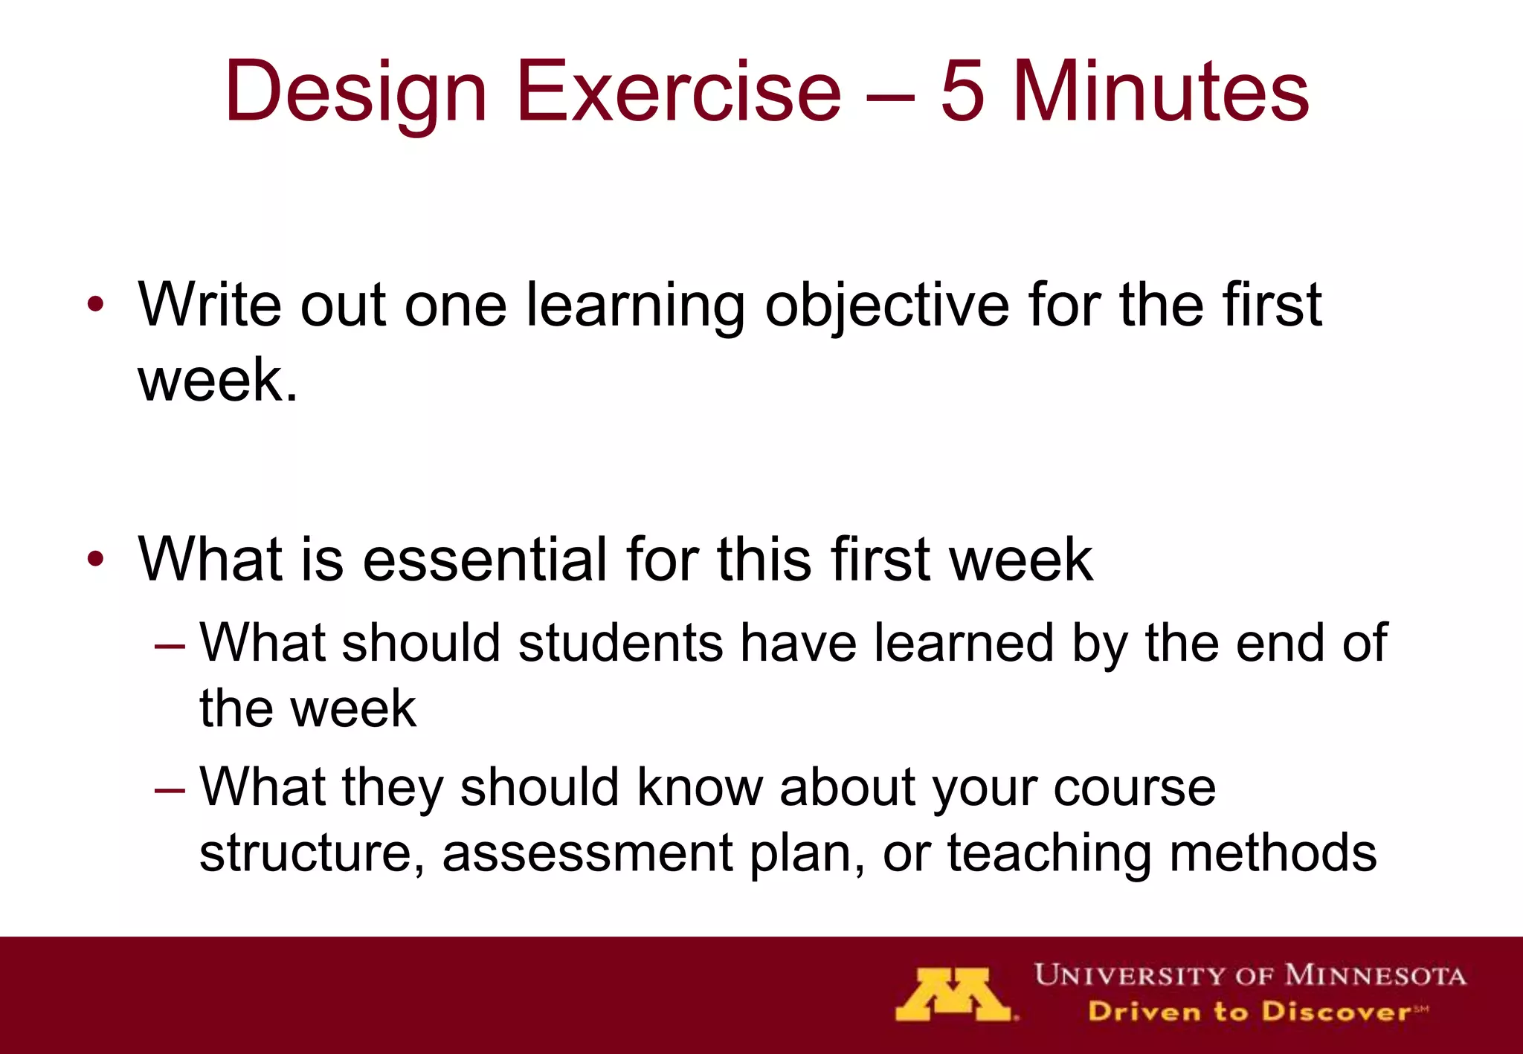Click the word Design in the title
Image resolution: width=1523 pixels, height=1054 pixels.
click(x=355, y=93)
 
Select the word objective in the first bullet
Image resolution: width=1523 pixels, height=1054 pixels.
click(x=886, y=306)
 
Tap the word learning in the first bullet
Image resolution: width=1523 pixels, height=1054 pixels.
click(x=635, y=306)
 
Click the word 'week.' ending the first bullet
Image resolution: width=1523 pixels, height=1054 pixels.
click(x=217, y=381)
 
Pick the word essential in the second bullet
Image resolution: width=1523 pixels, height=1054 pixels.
click(x=485, y=559)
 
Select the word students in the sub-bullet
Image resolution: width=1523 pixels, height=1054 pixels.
click(x=620, y=643)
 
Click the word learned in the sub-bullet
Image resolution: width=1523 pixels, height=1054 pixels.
click(x=964, y=643)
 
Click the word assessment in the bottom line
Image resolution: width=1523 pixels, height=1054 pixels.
click(x=587, y=853)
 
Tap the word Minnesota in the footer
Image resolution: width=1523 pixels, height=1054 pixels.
click(x=1375, y=974)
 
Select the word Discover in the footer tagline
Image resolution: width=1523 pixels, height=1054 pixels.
click(x=1336, y=1012)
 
